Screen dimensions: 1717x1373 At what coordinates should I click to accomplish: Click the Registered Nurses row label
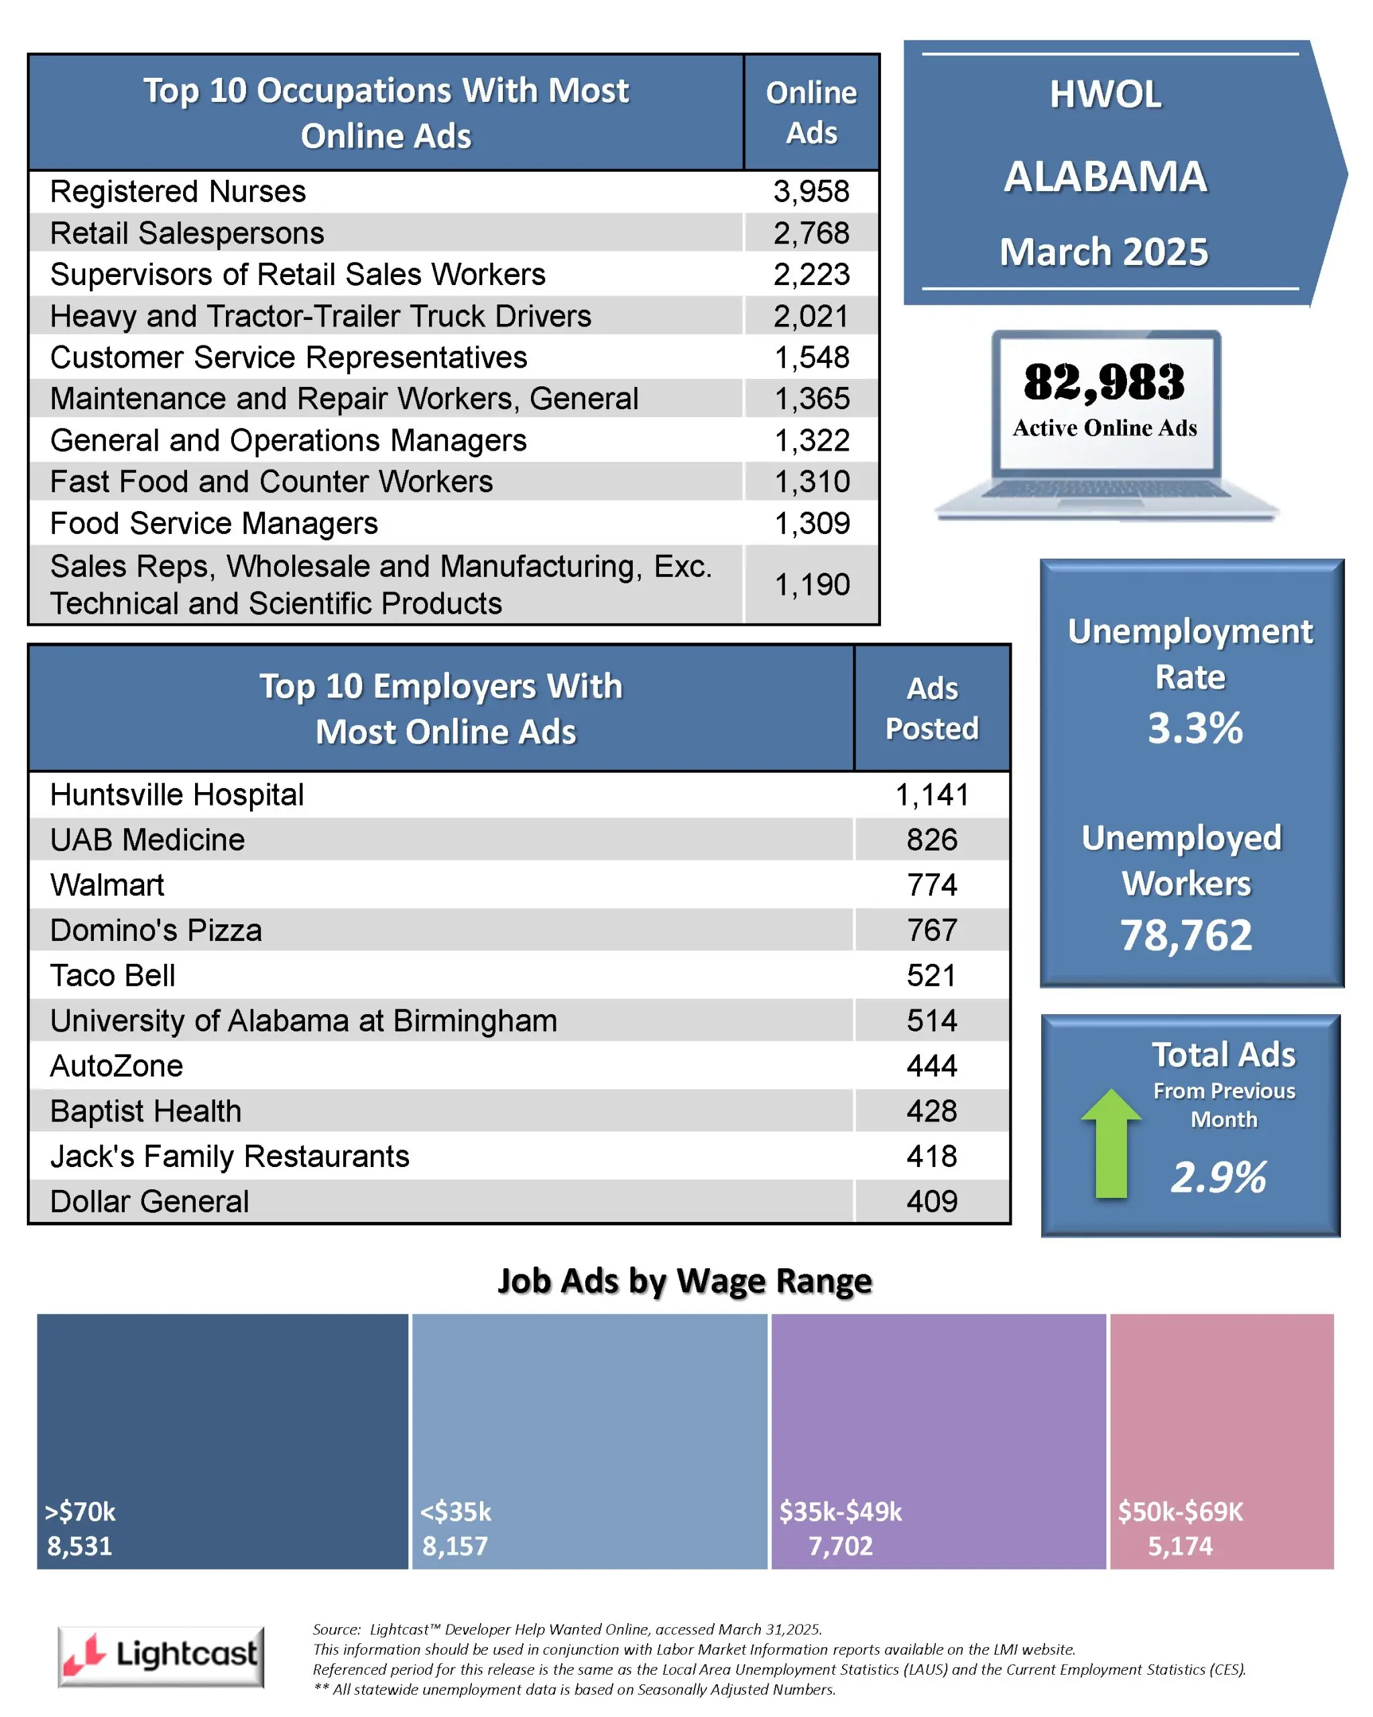(x=178, y=192)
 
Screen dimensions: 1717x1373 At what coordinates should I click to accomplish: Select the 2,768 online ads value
(x=811, y=233)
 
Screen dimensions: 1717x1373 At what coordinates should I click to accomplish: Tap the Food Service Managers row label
(x=213, y=523)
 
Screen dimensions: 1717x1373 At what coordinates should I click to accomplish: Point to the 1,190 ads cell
(x=812, y=585)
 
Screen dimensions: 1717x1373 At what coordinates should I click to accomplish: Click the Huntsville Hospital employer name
(x=177, y=795)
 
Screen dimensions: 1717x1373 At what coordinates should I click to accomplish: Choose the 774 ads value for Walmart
(x=931, y=885)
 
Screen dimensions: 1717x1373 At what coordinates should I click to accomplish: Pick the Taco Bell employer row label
(x=112, y=976)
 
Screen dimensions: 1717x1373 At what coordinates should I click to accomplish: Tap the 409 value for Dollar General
(x=931, y=1202)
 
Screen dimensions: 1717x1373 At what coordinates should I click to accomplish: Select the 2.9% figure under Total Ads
(x=1217, y=1177)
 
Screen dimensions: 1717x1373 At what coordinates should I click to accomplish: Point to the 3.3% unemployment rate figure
(x=1194, y=728)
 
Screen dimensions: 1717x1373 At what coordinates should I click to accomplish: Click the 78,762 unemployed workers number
(x=1186, y=935)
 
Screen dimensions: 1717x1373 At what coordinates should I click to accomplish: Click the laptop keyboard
(x=1106, y=489)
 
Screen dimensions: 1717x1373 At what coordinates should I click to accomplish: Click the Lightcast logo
(x=161, y=1656)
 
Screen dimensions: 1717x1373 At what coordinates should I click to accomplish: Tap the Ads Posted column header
(x=931, y=708)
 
